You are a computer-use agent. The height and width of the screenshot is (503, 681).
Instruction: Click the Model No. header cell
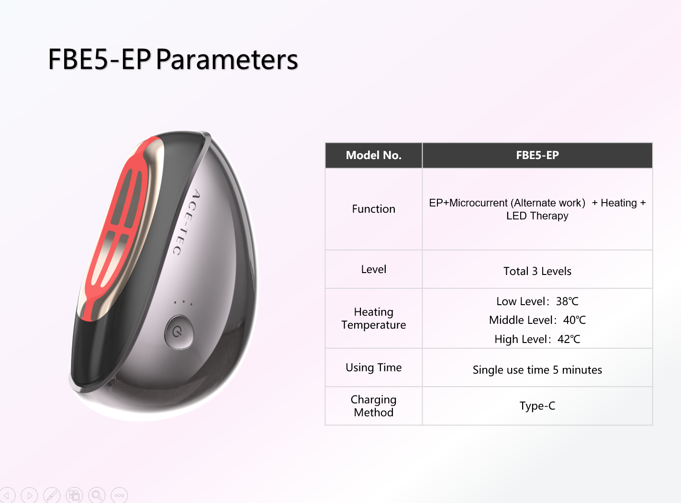[x=374, y=155]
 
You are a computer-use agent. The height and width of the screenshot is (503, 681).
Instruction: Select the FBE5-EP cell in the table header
[x=537, y=155]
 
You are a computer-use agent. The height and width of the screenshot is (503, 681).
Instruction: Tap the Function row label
[x=374, y=209]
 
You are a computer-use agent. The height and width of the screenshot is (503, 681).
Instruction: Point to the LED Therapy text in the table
[x=537, y=216]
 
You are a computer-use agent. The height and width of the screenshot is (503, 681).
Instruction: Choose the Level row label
[x=374, y=269]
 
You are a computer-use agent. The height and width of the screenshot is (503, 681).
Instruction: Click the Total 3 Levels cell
[x=537, y=271]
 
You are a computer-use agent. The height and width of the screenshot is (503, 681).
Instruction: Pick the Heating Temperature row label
[x=374, y=318]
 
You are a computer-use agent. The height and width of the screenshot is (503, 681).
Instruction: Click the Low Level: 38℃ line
[x=537, y=301]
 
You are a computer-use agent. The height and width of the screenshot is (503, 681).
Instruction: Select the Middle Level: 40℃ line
[x=537, y=320]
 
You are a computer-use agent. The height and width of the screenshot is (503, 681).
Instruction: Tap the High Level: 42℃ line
[x=537, y=339]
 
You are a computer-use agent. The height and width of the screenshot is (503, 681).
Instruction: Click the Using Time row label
[x=374, y=368]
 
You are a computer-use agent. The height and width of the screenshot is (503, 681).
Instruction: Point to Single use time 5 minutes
[x=537, y=370]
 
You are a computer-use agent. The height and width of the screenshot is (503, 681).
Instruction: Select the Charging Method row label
[x=374, y=406]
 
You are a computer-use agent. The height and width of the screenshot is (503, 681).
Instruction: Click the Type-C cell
[x=537, y=406]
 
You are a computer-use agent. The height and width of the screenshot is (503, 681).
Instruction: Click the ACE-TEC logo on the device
[x=186, y=222]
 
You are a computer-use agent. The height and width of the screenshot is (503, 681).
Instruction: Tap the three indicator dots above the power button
[x=183, y=303]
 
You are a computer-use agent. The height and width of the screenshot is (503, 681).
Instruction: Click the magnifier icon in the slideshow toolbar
[x=97, y=495]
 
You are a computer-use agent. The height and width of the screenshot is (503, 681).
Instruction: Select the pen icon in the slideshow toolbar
[x=52, y=495]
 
